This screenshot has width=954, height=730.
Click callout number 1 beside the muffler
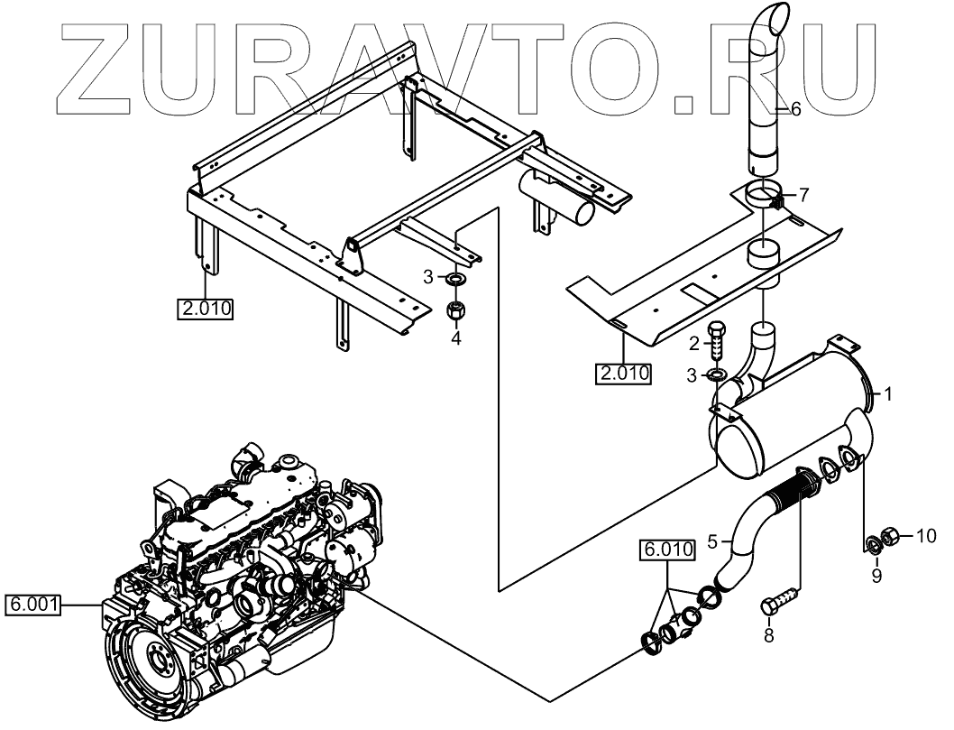tap(888, 394)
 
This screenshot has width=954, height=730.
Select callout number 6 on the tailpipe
tap(795, 109)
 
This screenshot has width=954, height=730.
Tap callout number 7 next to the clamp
tap(804, 194)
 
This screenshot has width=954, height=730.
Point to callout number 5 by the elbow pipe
tap(712, 541)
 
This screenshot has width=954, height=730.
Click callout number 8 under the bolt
tap(769, 635)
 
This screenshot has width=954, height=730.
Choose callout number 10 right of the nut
tap(926, 536)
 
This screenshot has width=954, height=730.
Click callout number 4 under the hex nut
tap(456, 338)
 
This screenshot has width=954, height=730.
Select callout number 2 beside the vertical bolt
tap(694, 342)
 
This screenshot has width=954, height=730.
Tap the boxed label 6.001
tap(33, 605)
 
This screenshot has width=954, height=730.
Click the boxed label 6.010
tap(667, 549)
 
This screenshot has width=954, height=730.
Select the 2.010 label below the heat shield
tap(622, 372)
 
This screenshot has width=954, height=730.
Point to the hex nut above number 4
tap(456, 310)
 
